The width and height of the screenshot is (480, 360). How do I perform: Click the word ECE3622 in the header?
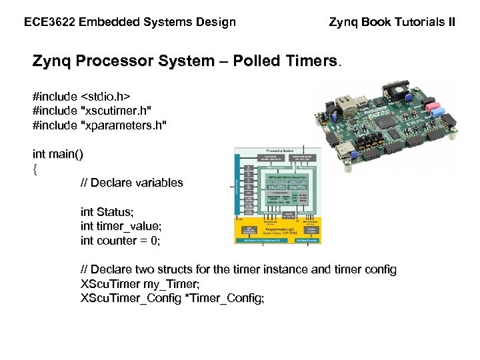[x=49, y=22]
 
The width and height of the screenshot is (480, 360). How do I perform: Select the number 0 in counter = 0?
[x=155, y=241]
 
